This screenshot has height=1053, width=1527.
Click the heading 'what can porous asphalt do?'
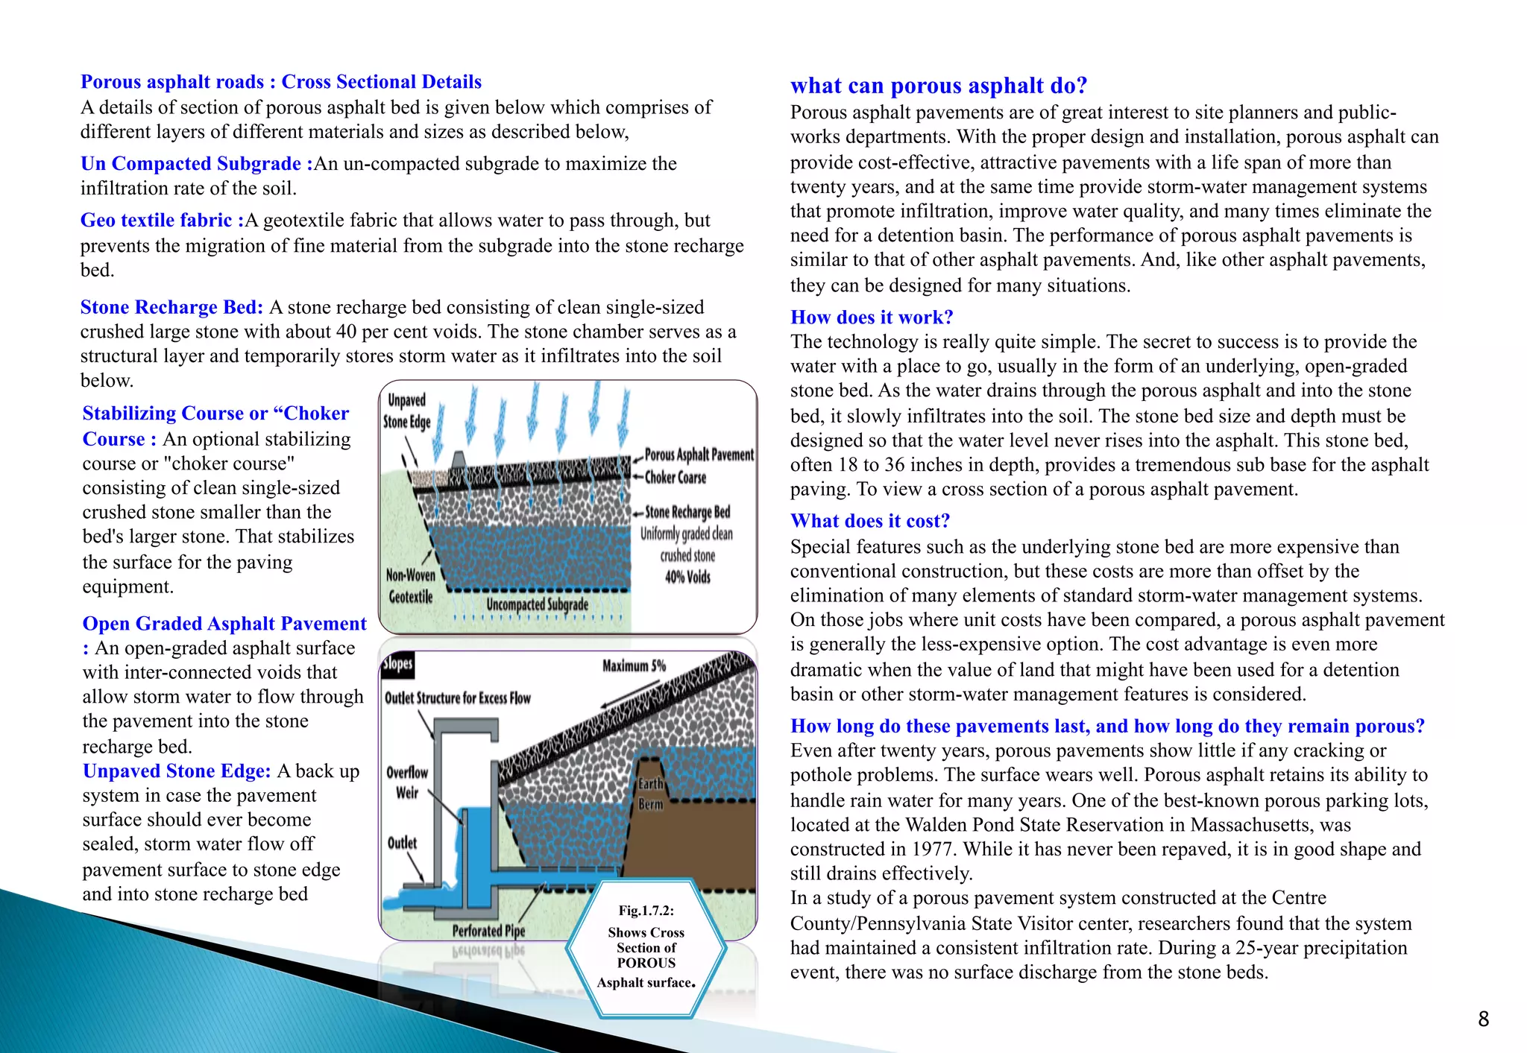click(x=938, y=86)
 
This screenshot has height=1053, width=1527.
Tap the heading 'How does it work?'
click(x=871, y=317)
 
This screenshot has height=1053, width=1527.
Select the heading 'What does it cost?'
click(x=869, y=521)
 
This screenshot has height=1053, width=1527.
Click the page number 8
click(x=1483, y=1019)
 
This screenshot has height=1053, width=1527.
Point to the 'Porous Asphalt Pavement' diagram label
click(x=699, y=455)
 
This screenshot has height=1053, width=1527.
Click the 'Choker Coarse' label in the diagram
click(x=675, y=478)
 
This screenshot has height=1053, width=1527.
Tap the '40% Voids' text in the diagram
click(x=687, y=577)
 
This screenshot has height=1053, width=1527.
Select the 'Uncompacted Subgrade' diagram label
click(x=537, y=604)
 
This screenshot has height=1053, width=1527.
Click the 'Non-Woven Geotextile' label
click(x=410, y=586)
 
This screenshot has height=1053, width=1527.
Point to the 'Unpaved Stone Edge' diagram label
click(x=406, y=411)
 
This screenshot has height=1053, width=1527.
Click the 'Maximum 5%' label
click(x=634, y=665)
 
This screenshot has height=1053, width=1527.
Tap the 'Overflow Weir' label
click(x=407, y=782)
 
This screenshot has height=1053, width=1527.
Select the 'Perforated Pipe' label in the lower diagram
click(x=488, y=931)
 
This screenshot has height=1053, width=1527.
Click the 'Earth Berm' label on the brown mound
click(x=650, y=794)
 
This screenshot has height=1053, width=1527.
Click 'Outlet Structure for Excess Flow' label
click(x=457, y=698)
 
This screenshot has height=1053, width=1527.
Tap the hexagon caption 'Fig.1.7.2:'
click(x=646, y=911)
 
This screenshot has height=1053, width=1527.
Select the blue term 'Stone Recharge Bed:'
click(x=171, y=307)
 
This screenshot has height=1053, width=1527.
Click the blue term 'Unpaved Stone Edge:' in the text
click(x=177, y=771)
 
